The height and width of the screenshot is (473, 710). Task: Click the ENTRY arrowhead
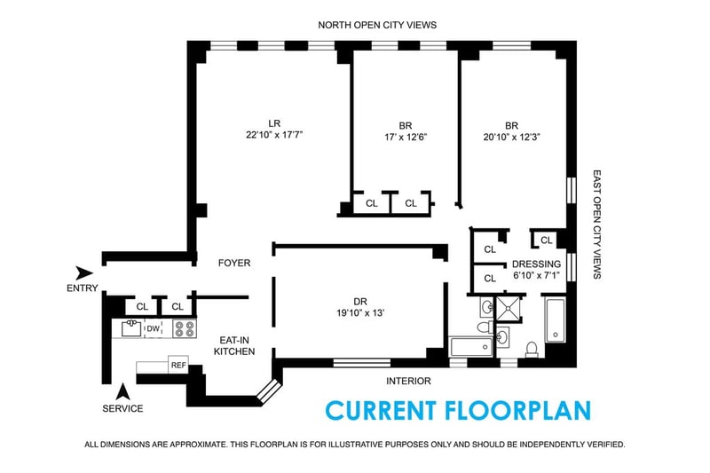[x=83, y=272]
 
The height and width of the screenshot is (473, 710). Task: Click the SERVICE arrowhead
[x=122, y=391]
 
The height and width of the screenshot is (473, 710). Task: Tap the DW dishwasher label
[x=153, y=328]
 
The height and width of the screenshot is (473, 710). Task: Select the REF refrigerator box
[x=178, y=365]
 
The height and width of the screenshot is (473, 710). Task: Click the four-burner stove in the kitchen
[x=185, y=328]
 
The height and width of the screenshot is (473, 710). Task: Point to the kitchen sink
[x=131, y=328]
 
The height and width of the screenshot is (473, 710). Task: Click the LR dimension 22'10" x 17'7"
[x=274, y=134]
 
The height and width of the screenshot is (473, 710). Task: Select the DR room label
[x=360, y=302]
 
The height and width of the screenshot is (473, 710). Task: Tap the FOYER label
[x=234, y=263]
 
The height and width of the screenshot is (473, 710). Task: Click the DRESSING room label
[x=536, y=264]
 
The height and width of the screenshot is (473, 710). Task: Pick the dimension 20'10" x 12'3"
[x=512, y=137]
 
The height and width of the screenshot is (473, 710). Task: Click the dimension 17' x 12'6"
[x=406, y=137]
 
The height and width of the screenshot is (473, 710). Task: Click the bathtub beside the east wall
[x=556, y=320]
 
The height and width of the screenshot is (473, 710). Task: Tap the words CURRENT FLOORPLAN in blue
[x=458, y=411]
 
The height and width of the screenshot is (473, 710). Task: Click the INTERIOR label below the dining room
[x=408, y=381]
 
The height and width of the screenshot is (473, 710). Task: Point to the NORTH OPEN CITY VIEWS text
[x=377, y=25]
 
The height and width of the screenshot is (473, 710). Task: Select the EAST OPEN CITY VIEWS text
[x=597, y=225]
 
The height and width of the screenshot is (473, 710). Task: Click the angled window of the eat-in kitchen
[x=269, y=390]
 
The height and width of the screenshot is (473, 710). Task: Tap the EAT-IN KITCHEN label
[x=234, y=346]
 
